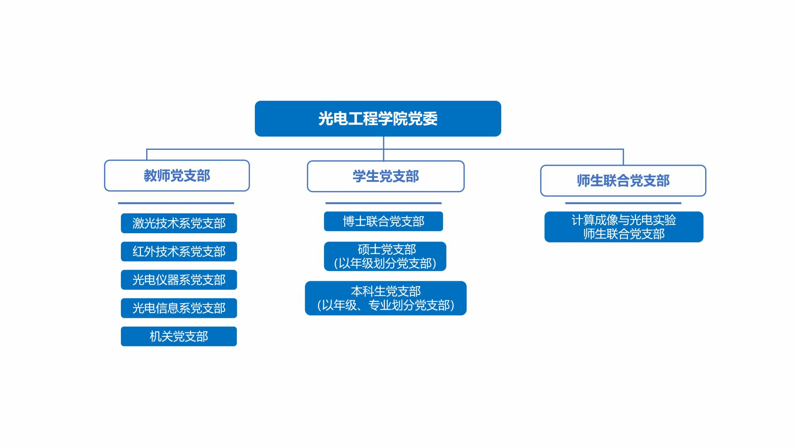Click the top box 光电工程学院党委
[x=378, y=118]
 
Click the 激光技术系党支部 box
[x=179, y=223]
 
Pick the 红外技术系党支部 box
[x=179, y=252]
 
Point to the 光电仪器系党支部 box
[x=179, y=280]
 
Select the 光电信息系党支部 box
[x=179, y=308]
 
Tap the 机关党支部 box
[x=179, y=337]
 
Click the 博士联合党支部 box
[x=384, y=221]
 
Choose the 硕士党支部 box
[x=385, y=256]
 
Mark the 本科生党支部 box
[x=386, y=298]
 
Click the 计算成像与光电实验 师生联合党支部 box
[x=624, y=227]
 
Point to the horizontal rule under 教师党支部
[x=176, y=203]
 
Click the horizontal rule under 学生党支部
[x=384, y=203]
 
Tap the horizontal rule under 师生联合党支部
[x=623, y=203]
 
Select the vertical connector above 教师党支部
[x=147, y=155]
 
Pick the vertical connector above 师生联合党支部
[x=623, y=157]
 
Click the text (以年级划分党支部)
[x=385, y=263]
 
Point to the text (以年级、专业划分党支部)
[x=386, y=305]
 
